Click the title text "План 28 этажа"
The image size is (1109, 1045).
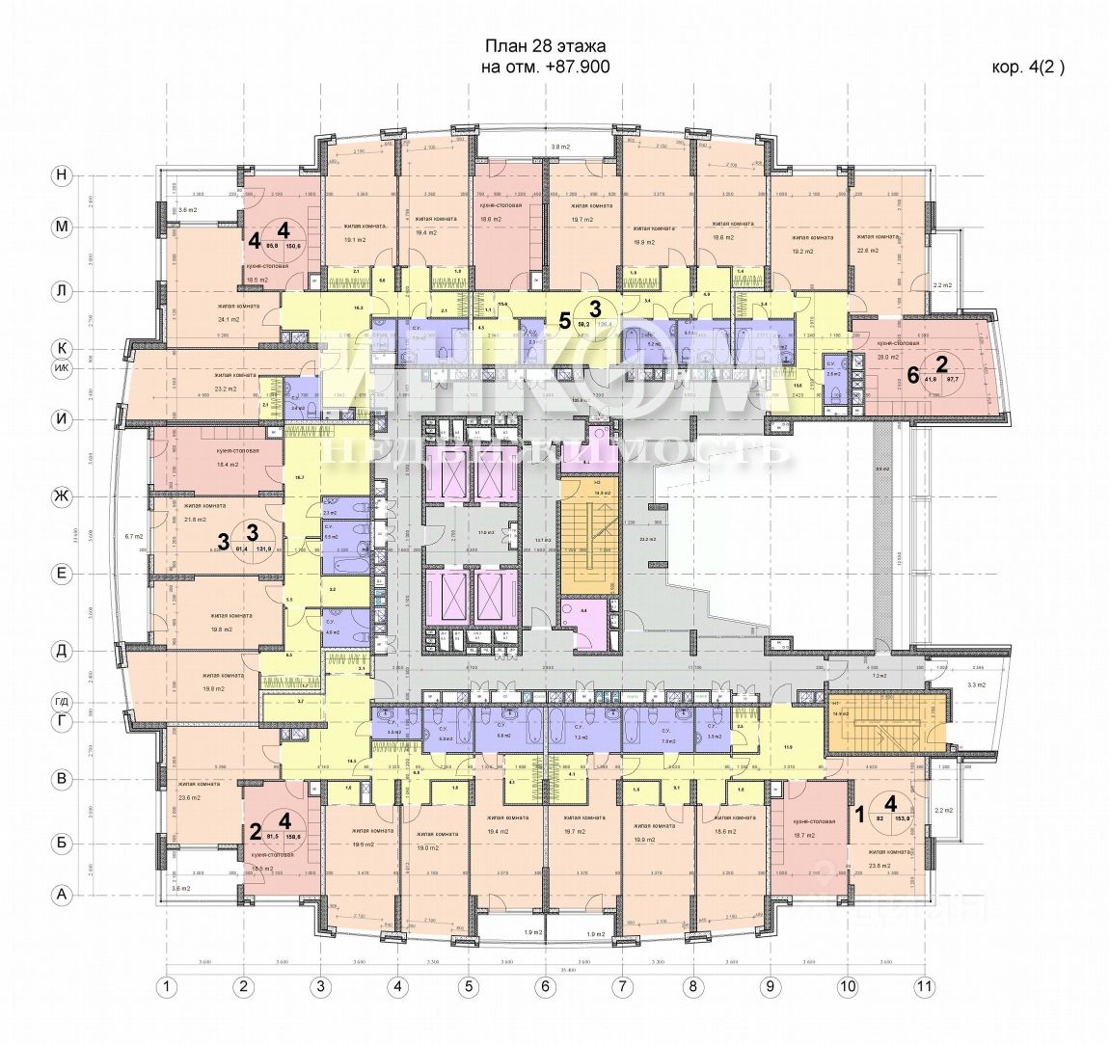click(546, 47)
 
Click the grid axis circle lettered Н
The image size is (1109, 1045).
click(63, 175)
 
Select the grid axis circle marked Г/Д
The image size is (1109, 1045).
click(63, 702)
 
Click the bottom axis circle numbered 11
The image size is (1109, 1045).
click(926, 986)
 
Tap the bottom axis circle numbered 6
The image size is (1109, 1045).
click(545, 986)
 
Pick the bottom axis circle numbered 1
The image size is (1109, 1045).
click(168, 986)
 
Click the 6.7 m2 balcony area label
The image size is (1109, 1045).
click(134, 536)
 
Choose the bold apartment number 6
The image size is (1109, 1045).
click(912, 376)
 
